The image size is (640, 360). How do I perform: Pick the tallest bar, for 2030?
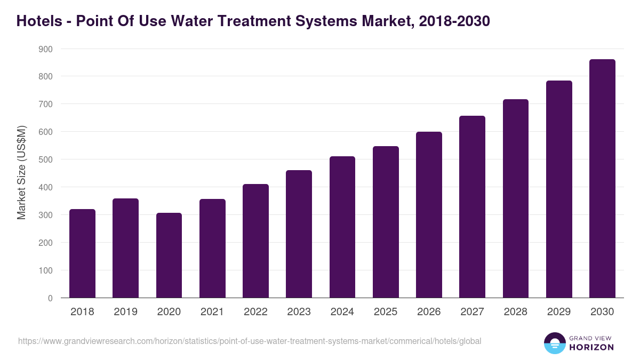point(602,178)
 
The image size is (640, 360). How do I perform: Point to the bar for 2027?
point(472,206)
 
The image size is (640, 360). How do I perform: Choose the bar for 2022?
point(255,241)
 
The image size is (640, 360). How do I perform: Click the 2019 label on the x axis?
point(125,312)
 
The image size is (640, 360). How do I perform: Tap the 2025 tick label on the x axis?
point(386,312)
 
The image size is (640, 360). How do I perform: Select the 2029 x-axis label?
point(559,312)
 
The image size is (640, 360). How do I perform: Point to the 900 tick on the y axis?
point(45,49)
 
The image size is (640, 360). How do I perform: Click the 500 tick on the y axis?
point(45,159)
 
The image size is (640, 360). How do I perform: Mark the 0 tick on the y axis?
point(50,298)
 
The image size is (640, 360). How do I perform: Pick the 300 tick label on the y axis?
point(45,215)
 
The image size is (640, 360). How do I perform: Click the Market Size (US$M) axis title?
point(21,173)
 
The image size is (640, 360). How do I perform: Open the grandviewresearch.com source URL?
point(250,341)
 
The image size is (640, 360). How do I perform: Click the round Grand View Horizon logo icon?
point(555,343)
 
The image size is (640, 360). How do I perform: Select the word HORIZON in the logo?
point(591,347)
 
